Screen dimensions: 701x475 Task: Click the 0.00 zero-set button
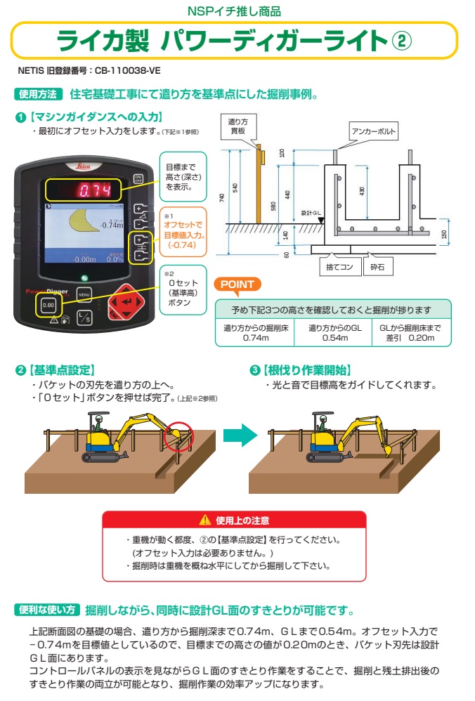(x=48, y=306)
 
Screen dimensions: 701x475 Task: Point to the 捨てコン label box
(x=332, y=267)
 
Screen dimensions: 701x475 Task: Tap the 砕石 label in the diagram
(x=378, y=267)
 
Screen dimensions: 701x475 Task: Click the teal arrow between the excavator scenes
(x=237, y=435)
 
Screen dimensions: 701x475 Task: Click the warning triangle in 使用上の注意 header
(x=204, y=520)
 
